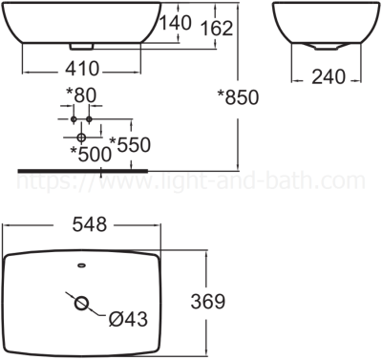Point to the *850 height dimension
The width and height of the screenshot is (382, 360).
pos(239,95)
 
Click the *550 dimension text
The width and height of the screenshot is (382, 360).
pos(131,144)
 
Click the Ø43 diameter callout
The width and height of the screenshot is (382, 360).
pos(128,320)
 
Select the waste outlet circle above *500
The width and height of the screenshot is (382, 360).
pos(81,138)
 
